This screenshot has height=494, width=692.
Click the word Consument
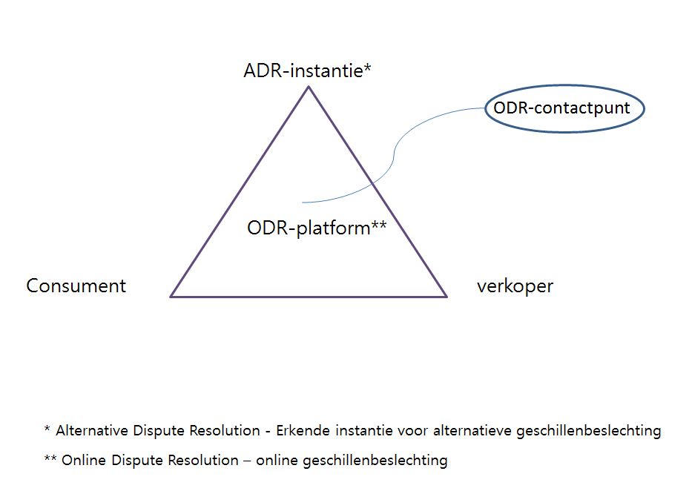(76, 286)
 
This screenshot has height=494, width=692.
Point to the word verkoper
(515, 286)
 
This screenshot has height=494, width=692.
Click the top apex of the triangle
(309, 88)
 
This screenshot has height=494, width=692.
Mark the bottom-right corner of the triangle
(446, 296)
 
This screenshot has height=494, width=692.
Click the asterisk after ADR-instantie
(367, 69)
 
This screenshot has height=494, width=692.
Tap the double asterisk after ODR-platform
(378, 225)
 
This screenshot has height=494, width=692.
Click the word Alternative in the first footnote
(90, 430)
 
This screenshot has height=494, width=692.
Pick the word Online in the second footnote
(82, 460)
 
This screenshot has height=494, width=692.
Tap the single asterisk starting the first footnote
(47, 429)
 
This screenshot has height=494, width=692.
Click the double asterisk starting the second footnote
(50, 458)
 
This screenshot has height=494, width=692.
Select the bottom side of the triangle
(309, 297)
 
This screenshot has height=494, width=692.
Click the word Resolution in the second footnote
(204, 460)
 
